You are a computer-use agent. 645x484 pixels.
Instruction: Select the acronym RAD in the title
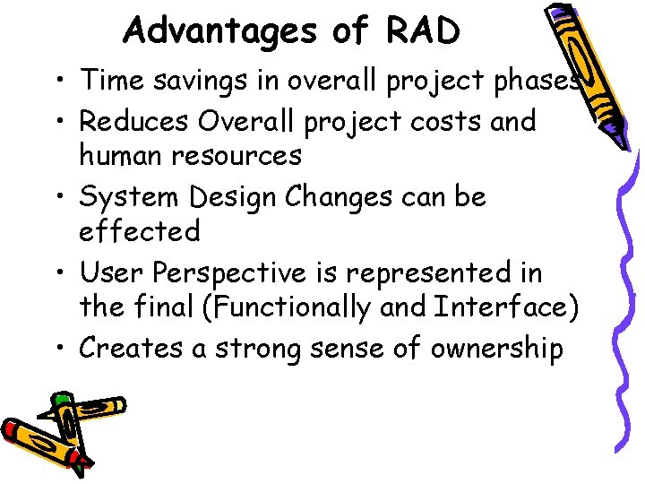point(423,30)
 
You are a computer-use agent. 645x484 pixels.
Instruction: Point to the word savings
point(201,81)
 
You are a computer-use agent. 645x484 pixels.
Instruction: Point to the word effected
point(140,232)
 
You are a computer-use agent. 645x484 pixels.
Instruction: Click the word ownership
point(497,349)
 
